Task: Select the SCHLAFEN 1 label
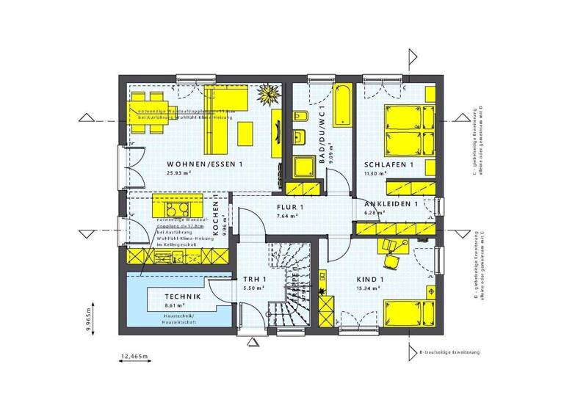tap(388, 165)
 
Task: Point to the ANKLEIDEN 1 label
tap(391, 204)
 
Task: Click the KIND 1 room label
tap(370, 280)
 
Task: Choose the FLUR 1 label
tap(289, 208)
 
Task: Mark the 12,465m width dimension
tap(134, 357)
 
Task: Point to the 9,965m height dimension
tap(89, 317)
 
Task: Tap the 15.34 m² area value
tap(369, 289)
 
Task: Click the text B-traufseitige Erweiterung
tap(449, 352)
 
